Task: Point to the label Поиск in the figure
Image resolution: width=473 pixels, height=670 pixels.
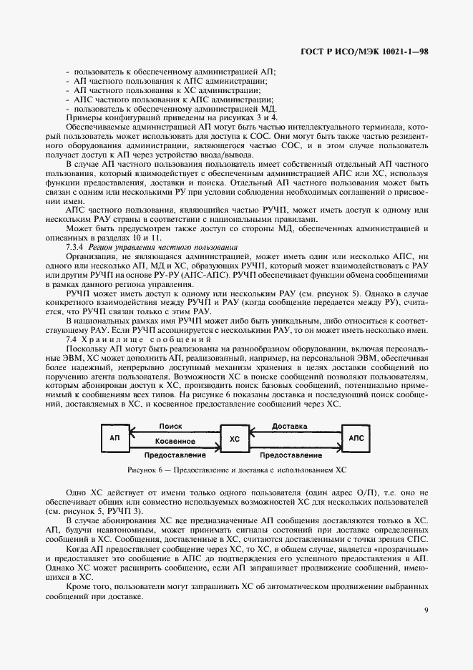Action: coord(172,425)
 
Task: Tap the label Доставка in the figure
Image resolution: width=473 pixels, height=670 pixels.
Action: coord(290,426)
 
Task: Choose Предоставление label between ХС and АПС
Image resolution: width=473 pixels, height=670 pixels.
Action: coord(291,455)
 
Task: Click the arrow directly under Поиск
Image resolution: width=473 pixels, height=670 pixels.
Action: coord(172,432)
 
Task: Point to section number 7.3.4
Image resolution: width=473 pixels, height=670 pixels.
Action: coord(76,246)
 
